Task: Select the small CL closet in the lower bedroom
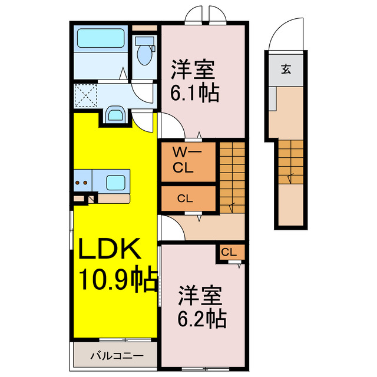(x=229, y=253)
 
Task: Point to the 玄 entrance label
(x=285, y=70)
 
